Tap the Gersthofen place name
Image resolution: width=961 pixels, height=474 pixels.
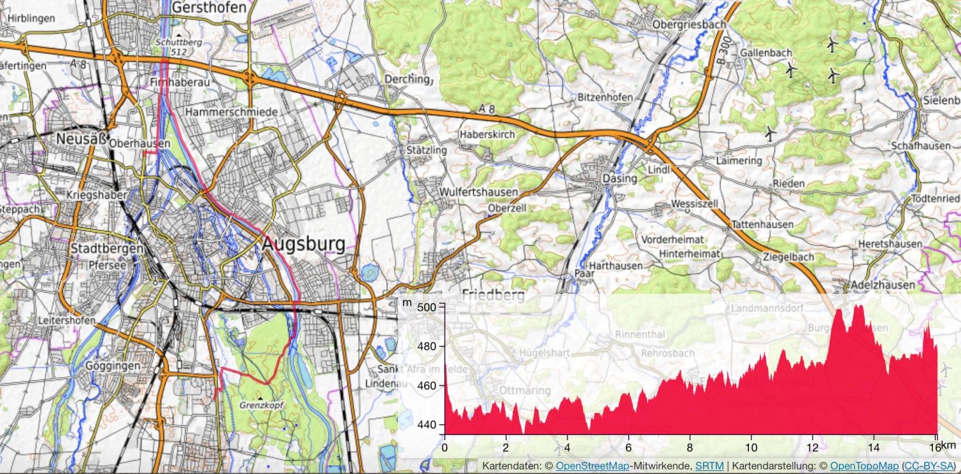click(209, 8)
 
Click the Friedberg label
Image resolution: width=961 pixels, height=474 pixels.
click(493, 295)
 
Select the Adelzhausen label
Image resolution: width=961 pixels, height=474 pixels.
click(883, 284)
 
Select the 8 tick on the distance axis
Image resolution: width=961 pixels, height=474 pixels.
click(690, 446)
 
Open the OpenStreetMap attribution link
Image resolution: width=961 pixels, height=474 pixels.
click(592, 466)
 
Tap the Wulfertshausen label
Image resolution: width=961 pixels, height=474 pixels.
click(470, 192)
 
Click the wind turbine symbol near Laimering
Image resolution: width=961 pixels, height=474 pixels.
click(770, 133)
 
